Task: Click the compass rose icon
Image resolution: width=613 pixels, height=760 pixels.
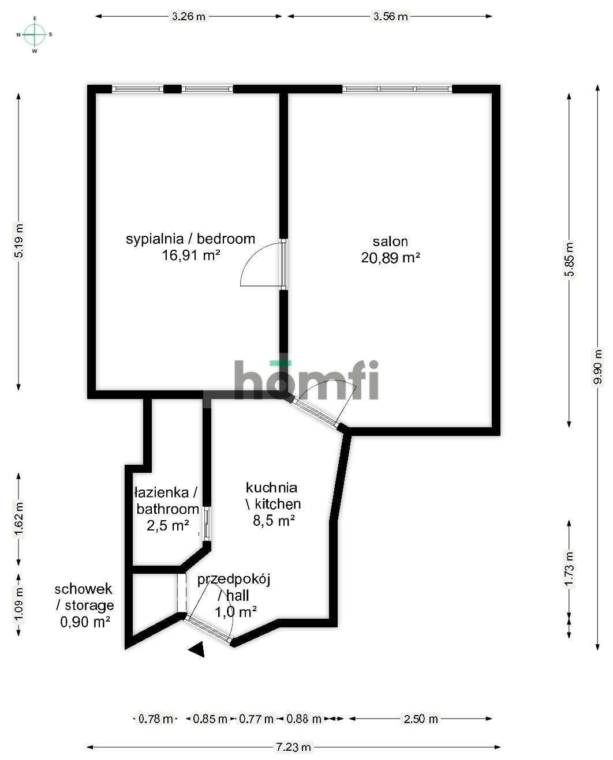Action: coord(35,35)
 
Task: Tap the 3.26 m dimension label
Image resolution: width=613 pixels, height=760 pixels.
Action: coord(188,16)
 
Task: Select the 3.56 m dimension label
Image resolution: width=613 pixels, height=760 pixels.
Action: coord(390,16)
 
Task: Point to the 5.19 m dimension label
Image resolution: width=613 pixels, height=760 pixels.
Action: coord(19,240)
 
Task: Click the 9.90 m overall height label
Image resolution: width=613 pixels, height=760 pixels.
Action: coord(598,366)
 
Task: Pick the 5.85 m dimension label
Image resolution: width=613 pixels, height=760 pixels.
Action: coord(569,259)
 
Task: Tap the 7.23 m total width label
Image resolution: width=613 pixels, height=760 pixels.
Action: coord(293,747)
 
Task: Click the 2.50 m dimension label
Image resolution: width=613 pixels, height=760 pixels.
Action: coord(421,718)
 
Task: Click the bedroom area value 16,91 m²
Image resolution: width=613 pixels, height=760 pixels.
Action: coord(191,255)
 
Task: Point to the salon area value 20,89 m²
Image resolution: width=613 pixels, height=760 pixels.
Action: coord(390,258)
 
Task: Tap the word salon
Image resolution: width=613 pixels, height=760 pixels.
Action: coord(390,242)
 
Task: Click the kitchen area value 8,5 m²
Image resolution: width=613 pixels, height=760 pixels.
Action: coord(274,521)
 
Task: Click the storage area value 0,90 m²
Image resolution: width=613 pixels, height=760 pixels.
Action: coord(85,622)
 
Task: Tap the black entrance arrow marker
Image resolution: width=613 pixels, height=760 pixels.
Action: coord(197,649)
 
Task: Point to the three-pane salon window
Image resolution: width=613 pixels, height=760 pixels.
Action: coord(397,89)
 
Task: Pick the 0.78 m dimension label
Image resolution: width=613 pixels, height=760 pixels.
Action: coord(155,718)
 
